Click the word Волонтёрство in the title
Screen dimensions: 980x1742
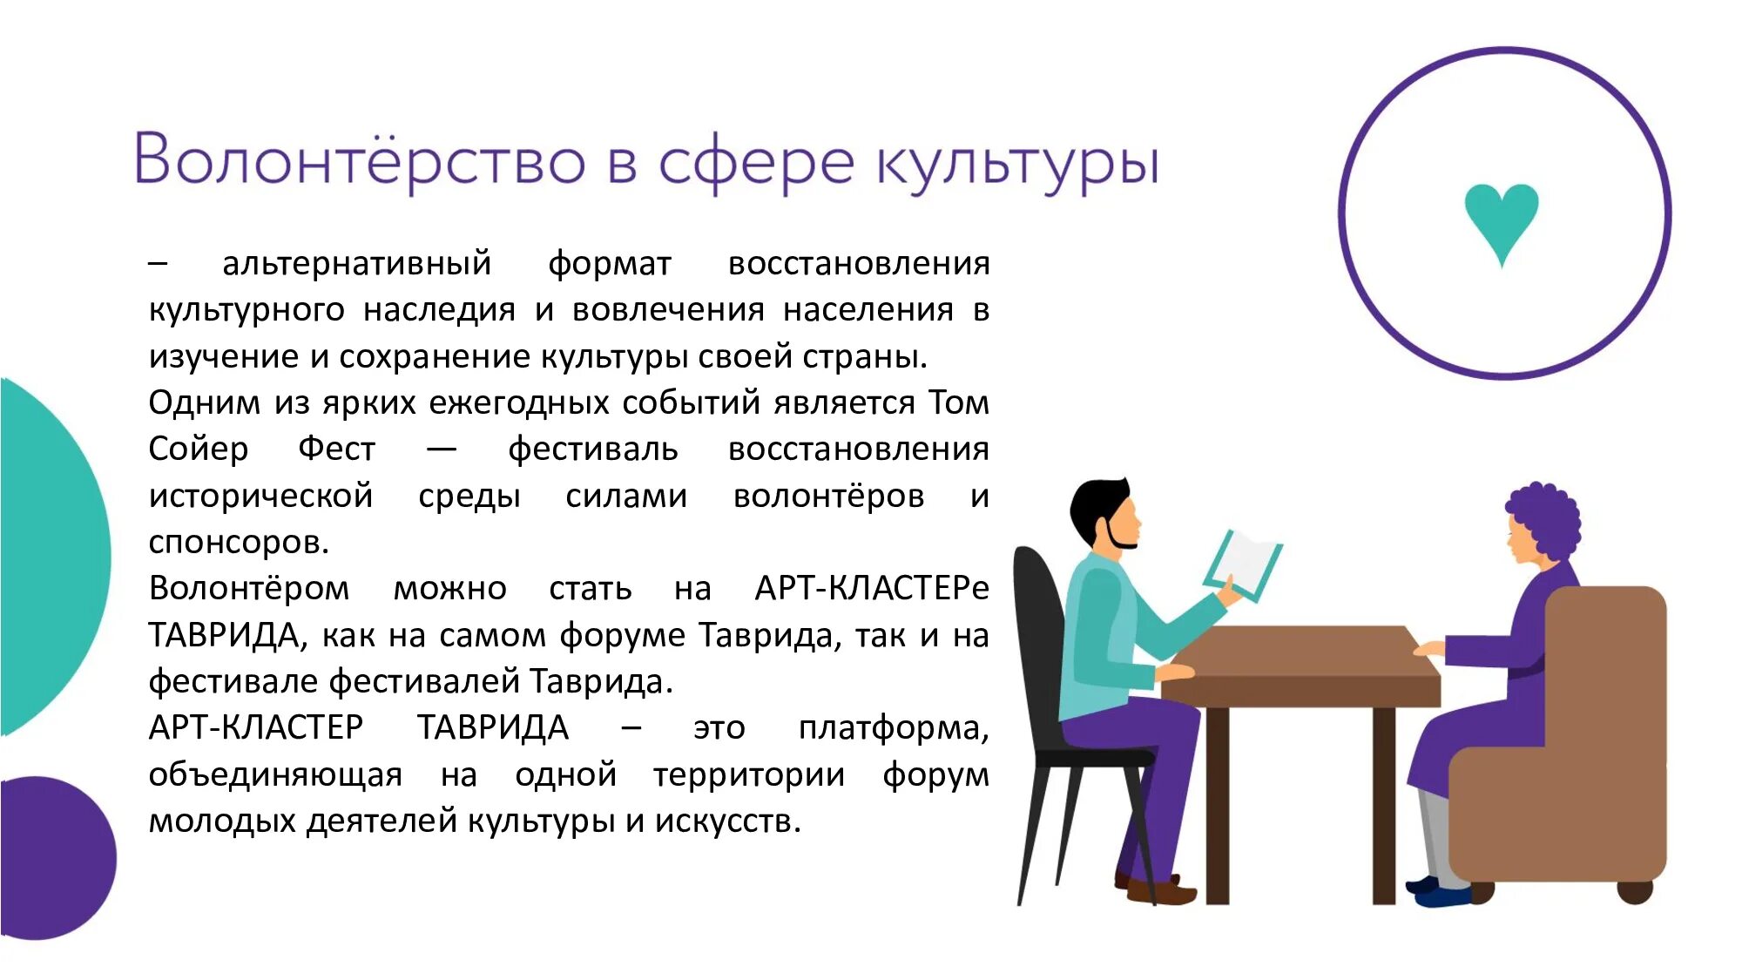click(359, 161)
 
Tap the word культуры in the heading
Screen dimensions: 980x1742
click(1017, 164)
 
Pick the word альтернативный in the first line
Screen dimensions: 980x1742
click(357, 264)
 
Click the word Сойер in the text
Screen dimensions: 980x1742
click(199, 449)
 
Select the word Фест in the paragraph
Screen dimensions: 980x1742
click(336, 449)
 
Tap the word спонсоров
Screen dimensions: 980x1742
click(239, 543)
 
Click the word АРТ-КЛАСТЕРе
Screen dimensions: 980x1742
click(871, 589)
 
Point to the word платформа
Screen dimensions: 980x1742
click(893, 728)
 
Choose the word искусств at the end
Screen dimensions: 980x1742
click(727, 821)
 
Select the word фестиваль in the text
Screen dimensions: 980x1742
click(593, 449)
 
